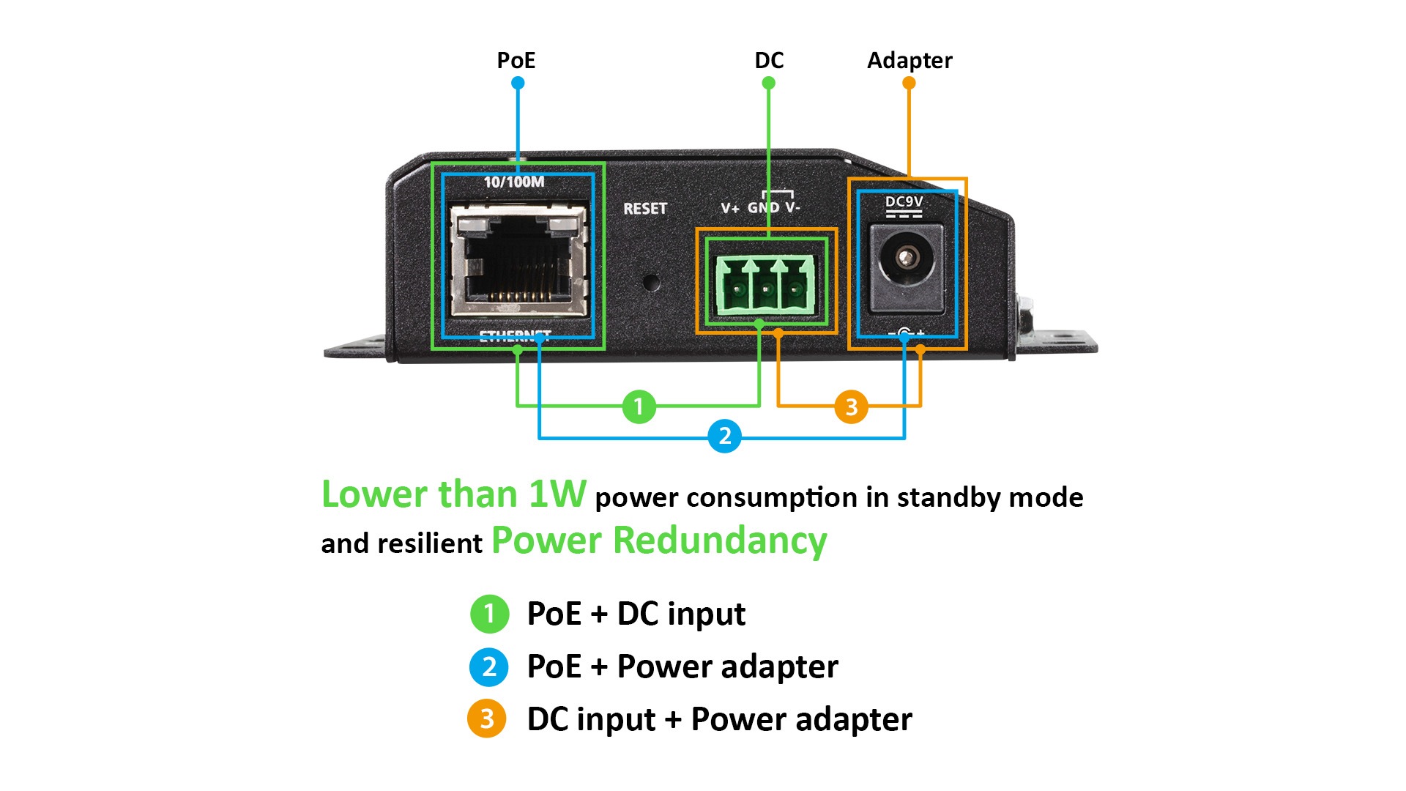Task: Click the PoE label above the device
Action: [x=516, y=60]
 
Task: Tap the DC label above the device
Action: [x=769, y=60]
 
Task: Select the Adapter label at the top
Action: [x=910, y=60]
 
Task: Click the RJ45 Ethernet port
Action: [x=518, y=260]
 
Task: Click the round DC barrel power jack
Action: [x=907, y=259]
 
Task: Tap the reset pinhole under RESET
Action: [x=650, y=282]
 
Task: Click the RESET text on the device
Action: [x=645, y=209]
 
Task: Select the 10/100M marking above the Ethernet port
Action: [x=514, y=182]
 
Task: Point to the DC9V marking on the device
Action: [x=904, y=201]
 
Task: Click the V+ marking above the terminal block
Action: [x=730, y=208]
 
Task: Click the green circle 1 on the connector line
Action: [x=639, y=406]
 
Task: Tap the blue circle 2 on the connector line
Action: [x=724, y=436]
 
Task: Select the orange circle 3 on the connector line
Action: [x=851, y=406]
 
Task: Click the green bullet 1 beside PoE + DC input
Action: [x=489, y=614]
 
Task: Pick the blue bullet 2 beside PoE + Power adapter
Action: [x=489, y=666]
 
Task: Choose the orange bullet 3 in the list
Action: [x=487, y=719]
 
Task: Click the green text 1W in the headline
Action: [x=557, y=494]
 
